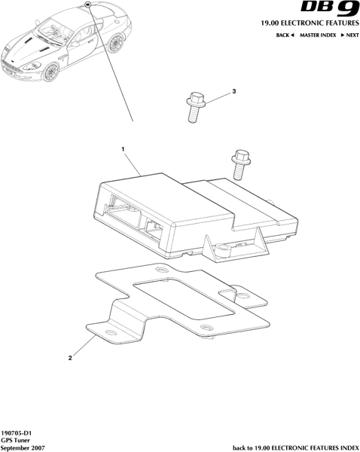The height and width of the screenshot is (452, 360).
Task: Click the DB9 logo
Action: tap(330, 8)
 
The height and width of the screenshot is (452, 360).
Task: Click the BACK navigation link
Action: tap(285, 35)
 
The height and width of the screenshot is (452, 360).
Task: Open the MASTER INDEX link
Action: tap(318, 35)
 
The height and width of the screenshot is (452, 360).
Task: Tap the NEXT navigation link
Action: tap(350, 35)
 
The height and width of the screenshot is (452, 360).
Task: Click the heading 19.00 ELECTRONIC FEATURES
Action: tap(310, 23)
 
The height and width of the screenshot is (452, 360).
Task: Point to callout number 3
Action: tap(234, 91)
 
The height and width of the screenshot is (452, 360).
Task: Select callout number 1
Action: tap(123, 149)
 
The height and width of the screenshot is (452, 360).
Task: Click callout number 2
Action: tap(70, 358)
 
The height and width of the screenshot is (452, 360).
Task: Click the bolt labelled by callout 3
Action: tap(196, 107)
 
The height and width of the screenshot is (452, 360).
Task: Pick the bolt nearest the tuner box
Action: tap(241, 164)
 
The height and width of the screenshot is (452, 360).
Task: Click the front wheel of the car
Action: tap(50, 72)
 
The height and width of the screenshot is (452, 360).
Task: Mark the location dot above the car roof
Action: tap(88, 5)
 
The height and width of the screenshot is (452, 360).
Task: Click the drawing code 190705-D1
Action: tap(16, 433)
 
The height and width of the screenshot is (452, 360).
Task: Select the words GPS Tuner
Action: tap(16, 441)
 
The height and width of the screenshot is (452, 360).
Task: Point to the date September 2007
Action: tap(23, 448)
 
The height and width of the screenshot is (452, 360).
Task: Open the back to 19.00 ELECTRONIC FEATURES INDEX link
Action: tap(296, 448)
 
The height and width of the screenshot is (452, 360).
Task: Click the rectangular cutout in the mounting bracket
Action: tap(184, 298)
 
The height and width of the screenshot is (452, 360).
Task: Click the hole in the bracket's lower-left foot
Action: tap(110, 331)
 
